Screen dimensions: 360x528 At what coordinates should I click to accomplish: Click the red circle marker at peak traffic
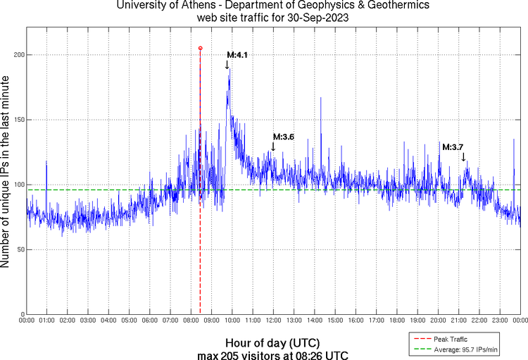pyautogui.click(x=200, y=48)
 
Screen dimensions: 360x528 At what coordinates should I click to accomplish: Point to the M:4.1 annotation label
pyautogui.click(x=237, y=54)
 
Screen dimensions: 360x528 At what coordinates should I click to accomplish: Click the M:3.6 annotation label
pyautogui.click(x=283, y=137)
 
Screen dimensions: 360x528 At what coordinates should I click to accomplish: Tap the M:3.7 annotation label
pyautogui.click(x=453, y=147)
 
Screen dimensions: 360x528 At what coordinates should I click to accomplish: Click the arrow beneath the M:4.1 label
pyautogui.click(x=227, y=65)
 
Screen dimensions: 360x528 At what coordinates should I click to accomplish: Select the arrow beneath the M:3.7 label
pyautogui.click(x=463, y=156)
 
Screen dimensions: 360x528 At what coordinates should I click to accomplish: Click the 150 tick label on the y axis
pyautogui.click(x=17, y=120)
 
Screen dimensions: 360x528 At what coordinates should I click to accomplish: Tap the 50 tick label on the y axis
pyautogui.click(x=19, y=249)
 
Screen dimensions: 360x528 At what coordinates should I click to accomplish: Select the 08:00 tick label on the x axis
pyautogui.click(x=191, y=321)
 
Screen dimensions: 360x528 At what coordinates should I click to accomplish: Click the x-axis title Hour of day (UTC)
pyautogui.click(x=272, y=342)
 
